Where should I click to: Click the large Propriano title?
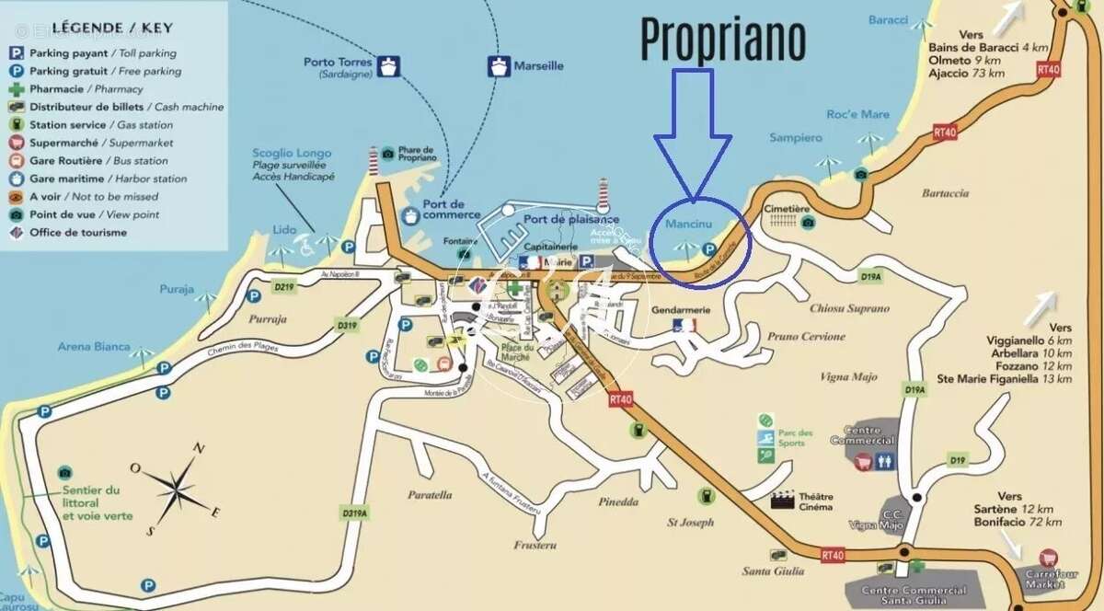click(722, 39)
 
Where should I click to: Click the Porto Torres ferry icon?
click(390, 66)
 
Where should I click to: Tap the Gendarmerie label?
click(681, 311)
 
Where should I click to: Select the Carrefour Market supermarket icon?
click(1047, 558)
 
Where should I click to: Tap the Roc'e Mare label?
click(857, 114)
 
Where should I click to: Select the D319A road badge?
click(354, 513)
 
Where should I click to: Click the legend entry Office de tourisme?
click(78, 233)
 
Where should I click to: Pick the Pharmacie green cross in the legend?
click(17, 89)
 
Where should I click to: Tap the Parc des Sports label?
click(795, 438)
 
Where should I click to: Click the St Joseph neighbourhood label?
click(690, 523)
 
